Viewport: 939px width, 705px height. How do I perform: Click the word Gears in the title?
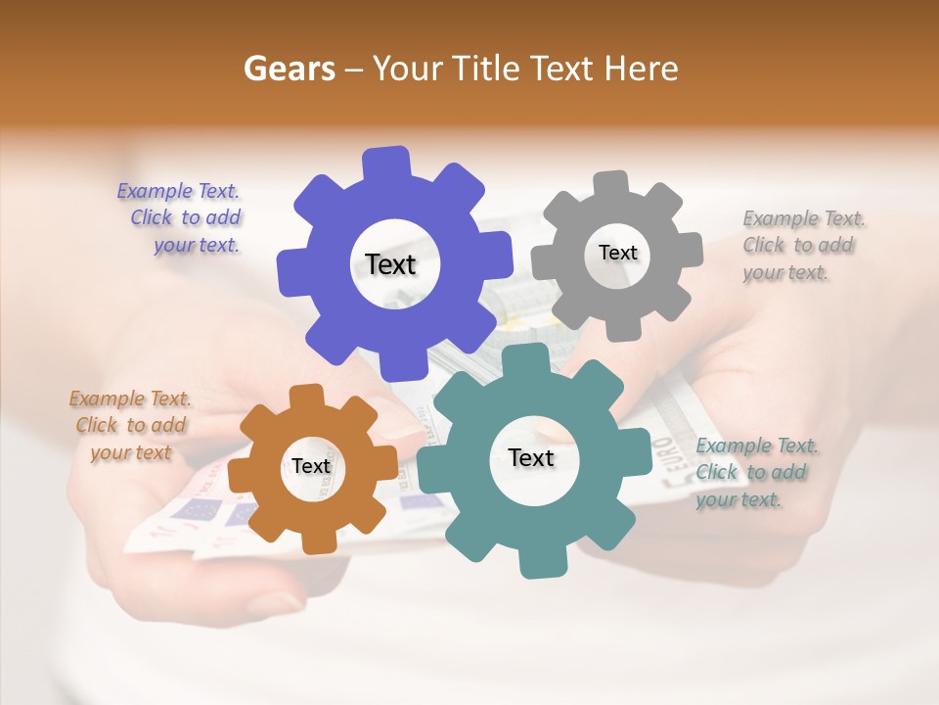click(289, 69)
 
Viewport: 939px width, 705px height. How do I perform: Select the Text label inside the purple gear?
click(390, 264)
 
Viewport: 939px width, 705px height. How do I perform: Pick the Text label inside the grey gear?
click(617, 253)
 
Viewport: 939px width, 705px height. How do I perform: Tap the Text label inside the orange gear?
click(311, 466)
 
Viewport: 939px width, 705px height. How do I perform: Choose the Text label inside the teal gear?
click(530, 457)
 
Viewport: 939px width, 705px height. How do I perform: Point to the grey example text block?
click(803, 245)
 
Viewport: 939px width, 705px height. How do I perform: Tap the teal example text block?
click(756, 472)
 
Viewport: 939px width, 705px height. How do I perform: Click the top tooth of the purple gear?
click(387, 162)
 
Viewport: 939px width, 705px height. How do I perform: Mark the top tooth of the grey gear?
click(611, 182)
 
